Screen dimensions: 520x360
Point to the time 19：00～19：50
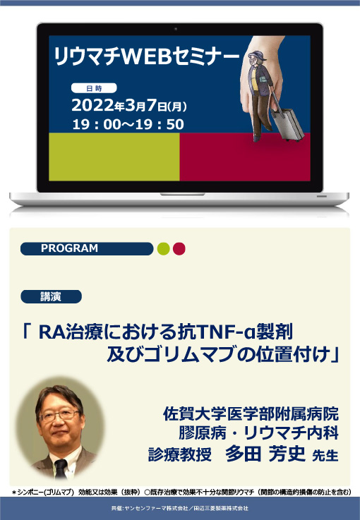tap(128, 124)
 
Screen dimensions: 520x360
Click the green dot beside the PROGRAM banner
tap(163, 248)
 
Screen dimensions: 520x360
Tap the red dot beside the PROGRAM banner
tap(179, 248)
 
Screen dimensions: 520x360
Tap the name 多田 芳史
tap(265, 453)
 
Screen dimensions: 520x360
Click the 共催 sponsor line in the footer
tap(180, 507)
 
